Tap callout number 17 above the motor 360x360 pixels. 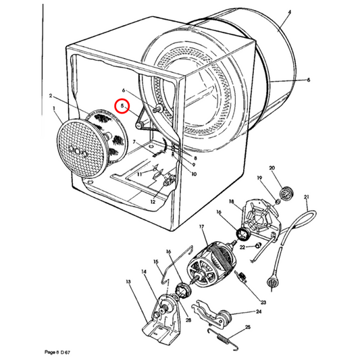[201, 229]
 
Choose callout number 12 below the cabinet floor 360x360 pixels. [152, 202]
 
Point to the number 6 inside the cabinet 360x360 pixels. [124, 90]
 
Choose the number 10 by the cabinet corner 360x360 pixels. [193, 174]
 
